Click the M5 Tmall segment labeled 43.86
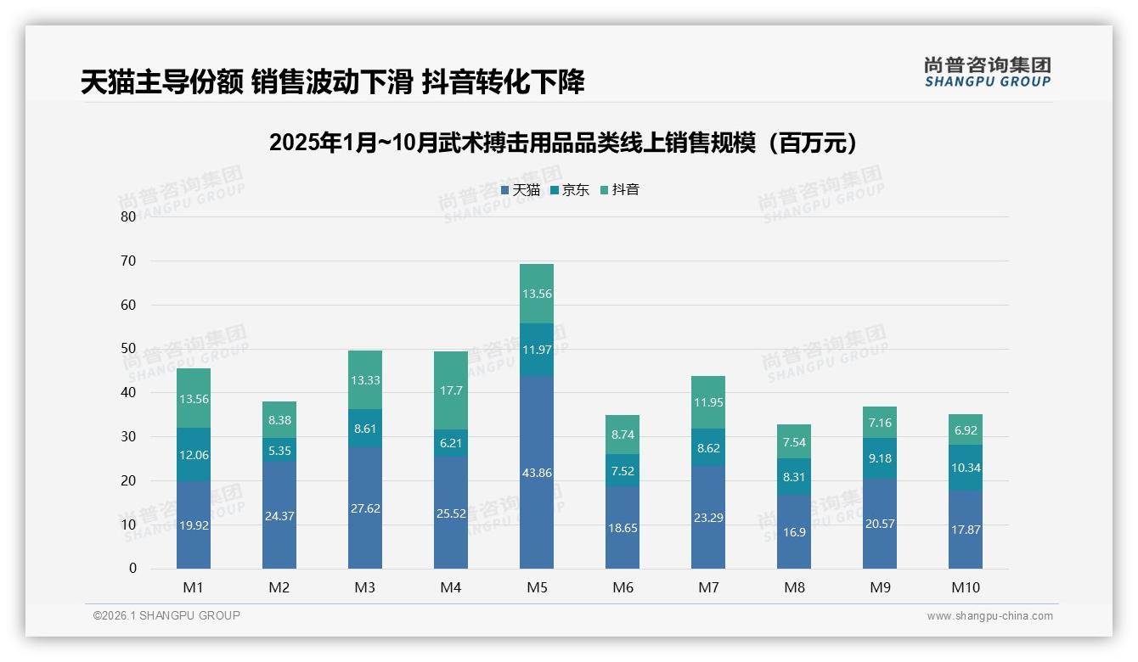coord(536,473)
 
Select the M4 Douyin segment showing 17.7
coord(450,390)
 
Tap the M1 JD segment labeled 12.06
coord(194,455)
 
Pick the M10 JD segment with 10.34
coord(965,468)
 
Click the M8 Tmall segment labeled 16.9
coord(793,532)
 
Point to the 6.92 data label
coord(965,430)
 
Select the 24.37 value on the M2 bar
coord(279,515)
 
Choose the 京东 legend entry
coord(570,190)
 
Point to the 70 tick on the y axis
coord(128,261)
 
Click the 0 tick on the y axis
coord(132,569)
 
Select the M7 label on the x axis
coord(707,587)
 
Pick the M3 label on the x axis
coord(364,587)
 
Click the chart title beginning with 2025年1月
coord(564,143)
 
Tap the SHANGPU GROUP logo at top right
coord(987,72)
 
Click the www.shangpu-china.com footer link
coord(989,616)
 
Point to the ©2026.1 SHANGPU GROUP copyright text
coord(166,615)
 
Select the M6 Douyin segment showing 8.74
coord(622,435)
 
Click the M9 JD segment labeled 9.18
coord(879,458)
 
